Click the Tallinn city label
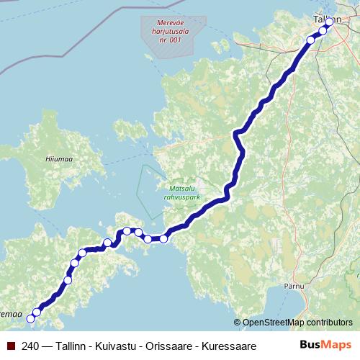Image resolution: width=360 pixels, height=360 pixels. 327,19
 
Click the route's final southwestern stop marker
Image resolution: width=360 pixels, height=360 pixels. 30,318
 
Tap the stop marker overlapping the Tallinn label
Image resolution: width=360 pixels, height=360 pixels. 330,22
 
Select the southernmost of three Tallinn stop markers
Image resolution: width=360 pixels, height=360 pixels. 311,40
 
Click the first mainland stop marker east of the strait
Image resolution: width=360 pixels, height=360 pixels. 163,238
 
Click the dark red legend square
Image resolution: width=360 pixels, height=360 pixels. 10,346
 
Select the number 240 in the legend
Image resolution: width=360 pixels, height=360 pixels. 31,346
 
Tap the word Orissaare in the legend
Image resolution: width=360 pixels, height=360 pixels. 170,346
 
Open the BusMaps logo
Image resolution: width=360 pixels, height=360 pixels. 326,346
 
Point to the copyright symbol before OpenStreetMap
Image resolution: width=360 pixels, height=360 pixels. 238,323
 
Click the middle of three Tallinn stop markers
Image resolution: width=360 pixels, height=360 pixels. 323,30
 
